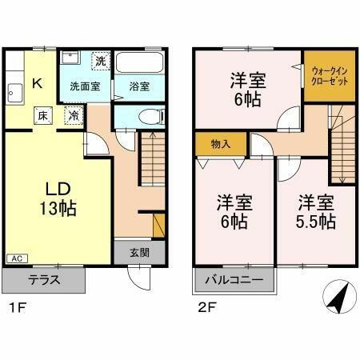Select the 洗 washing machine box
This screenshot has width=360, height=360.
[100, 61]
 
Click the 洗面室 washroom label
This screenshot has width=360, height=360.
[84, 86]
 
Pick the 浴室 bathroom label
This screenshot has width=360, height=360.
[139, 86]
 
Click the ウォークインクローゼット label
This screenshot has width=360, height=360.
[325, 76]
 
